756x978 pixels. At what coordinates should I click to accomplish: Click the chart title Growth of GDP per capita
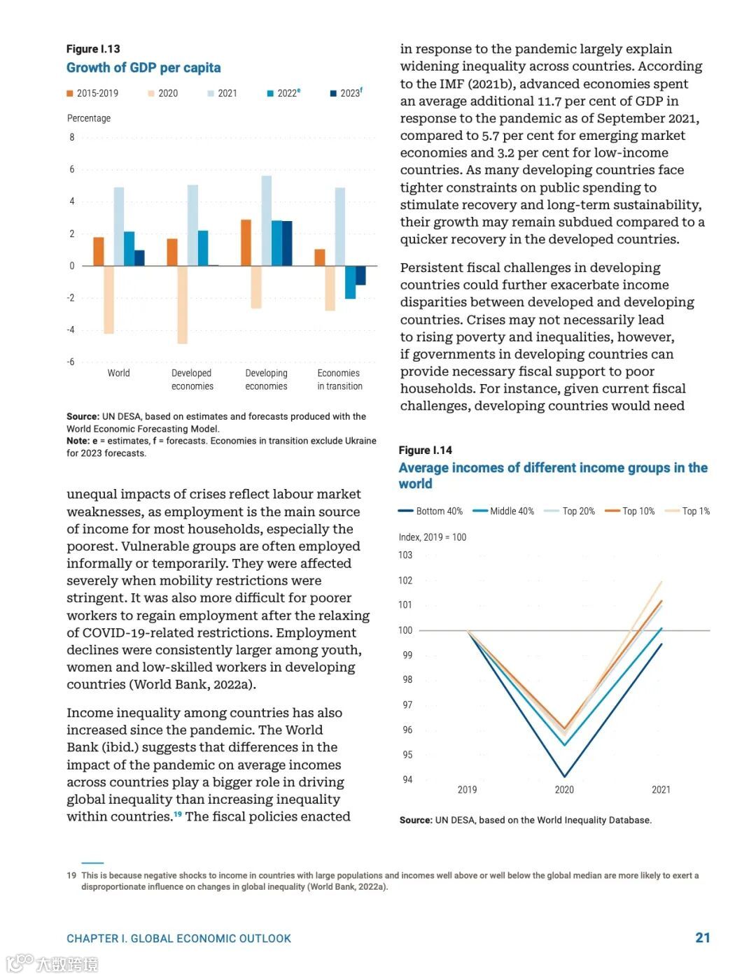point(143,68)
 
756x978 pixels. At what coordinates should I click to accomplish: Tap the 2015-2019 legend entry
point(92,93)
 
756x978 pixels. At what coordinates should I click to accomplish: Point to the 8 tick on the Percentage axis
point(71,137)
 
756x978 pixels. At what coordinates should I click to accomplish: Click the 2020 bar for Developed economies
point(182,304)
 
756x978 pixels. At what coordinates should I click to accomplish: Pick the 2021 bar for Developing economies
point(267,220)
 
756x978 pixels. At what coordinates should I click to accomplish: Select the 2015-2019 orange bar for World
point(99,251)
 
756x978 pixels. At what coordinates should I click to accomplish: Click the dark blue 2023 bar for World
point(139,257)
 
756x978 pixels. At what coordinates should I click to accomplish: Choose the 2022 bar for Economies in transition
point(350,282)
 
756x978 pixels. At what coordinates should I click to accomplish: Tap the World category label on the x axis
point(118,373)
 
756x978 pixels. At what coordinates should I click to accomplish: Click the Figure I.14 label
point(426,450)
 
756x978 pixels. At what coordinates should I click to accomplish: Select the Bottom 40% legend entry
point(430,511)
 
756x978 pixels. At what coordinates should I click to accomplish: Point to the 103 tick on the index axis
point(405,555)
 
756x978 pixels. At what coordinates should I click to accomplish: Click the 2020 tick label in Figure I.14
point(564,790)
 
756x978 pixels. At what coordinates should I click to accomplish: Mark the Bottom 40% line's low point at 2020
point(565,777)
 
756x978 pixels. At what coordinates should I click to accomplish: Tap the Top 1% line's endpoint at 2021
point(661,581)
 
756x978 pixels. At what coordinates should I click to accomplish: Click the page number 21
point(703,937)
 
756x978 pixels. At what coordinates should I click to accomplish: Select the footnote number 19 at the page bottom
point(71,875)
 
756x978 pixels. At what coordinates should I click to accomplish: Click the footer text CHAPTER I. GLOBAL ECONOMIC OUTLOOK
point(178,938)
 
